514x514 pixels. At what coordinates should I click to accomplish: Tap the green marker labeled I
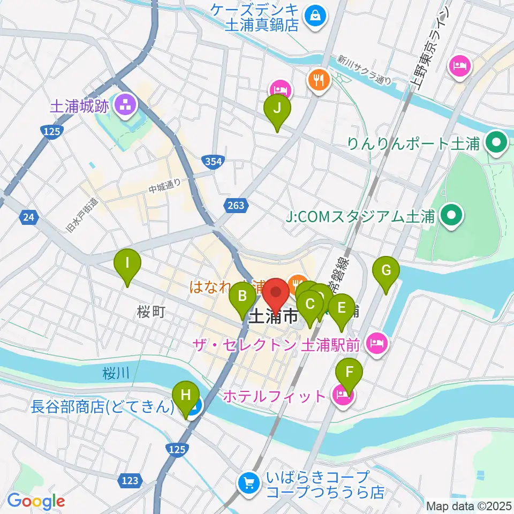point(127,263)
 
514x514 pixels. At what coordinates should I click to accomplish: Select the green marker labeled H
point(186,396)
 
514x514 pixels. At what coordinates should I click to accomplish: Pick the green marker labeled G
point(387,270)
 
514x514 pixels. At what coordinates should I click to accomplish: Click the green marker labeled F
point(349,371)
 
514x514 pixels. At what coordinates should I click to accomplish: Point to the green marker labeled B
point(242,296)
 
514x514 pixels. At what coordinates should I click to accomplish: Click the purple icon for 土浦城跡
point(125,105)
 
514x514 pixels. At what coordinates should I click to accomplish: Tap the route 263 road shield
point(236,205)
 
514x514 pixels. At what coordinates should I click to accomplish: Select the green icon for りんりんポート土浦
point(496,143)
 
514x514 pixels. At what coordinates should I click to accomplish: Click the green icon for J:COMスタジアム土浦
point(450,216)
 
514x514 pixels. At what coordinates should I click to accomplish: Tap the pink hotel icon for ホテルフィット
point(341,396)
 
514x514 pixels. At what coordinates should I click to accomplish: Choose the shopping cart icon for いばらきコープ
point(248,482)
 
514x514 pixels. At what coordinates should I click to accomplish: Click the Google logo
point(36,502)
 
